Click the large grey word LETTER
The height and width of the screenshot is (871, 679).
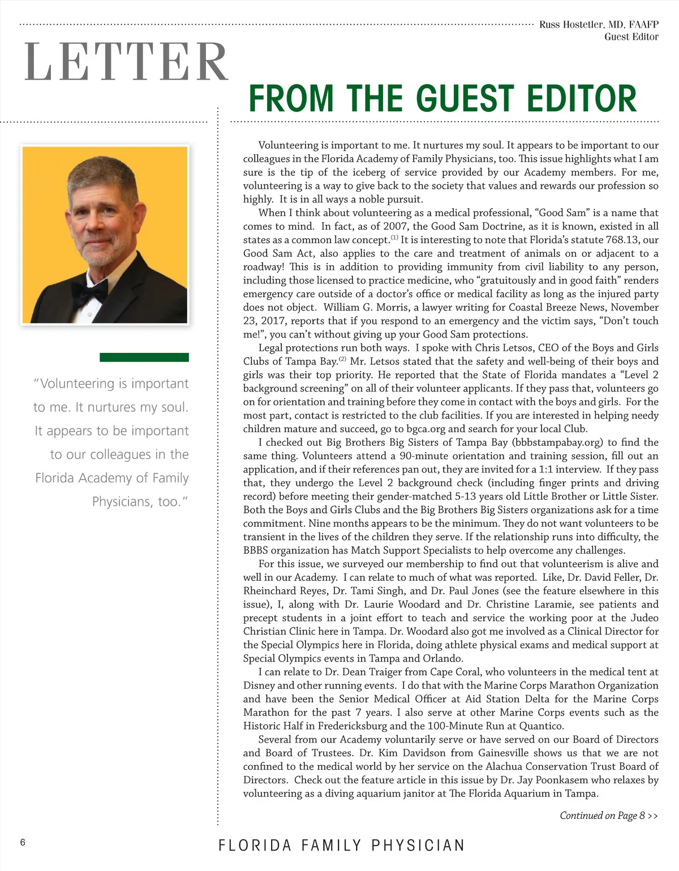click(x=126, y=62)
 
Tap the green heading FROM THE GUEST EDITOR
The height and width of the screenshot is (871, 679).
click(x=442, y=98)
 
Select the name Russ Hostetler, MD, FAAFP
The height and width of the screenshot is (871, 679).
click(x=599, y=24)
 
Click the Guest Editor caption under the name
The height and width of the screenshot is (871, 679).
click(x=631, y=37)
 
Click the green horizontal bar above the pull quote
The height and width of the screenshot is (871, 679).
click(x=144, y=357)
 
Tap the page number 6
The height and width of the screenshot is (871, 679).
click(x=23, y=843)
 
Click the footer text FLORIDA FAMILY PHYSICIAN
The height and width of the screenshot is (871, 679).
click(x=341, y=846)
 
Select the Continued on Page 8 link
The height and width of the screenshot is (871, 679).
click(x=608, y=816)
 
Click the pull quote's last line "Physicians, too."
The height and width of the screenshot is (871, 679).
click(x=140, y=502)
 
